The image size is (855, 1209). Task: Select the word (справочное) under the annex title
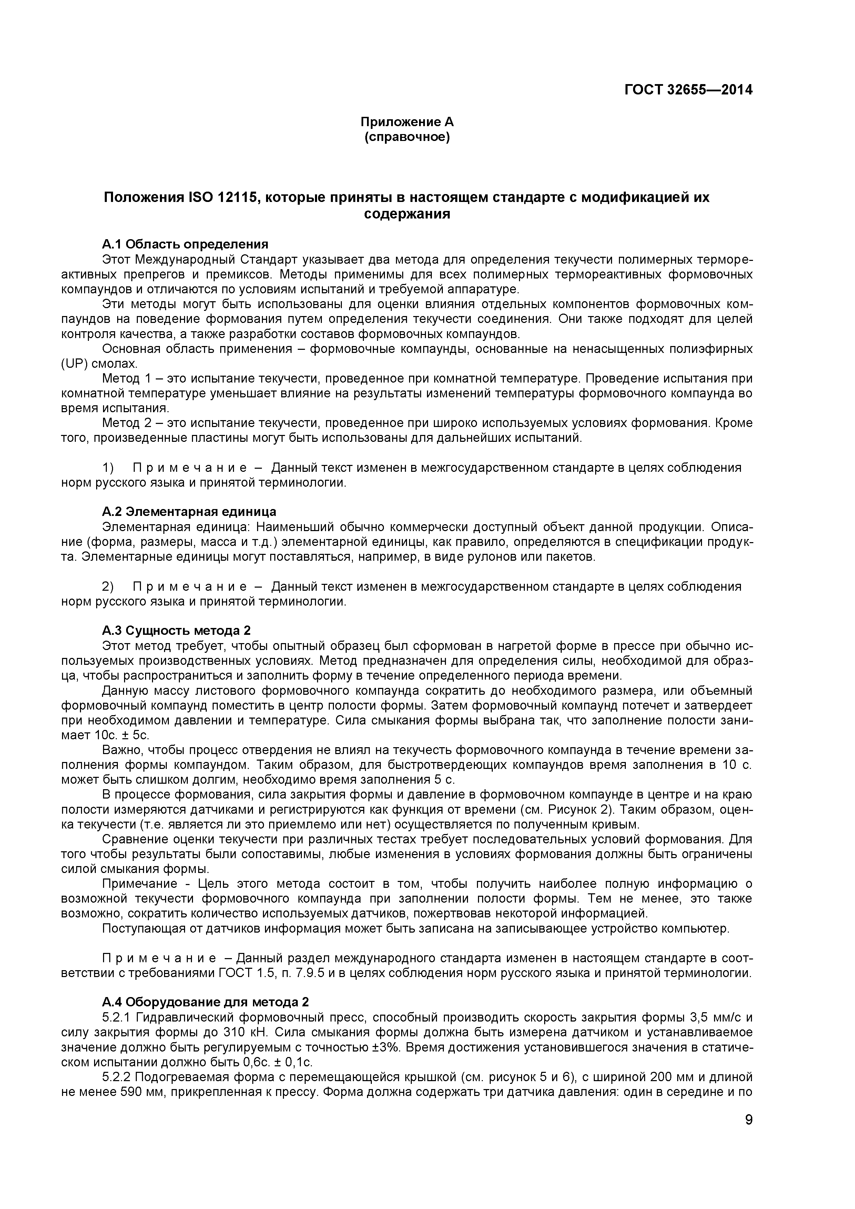(x=406, y=138)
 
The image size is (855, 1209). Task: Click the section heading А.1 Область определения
(x=185, y=244)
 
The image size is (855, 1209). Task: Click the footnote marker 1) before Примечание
(x=108, y=468)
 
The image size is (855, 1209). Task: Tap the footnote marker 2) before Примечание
(x=108, y=587)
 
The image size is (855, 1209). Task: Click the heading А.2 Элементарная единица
(x=189, y=512)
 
